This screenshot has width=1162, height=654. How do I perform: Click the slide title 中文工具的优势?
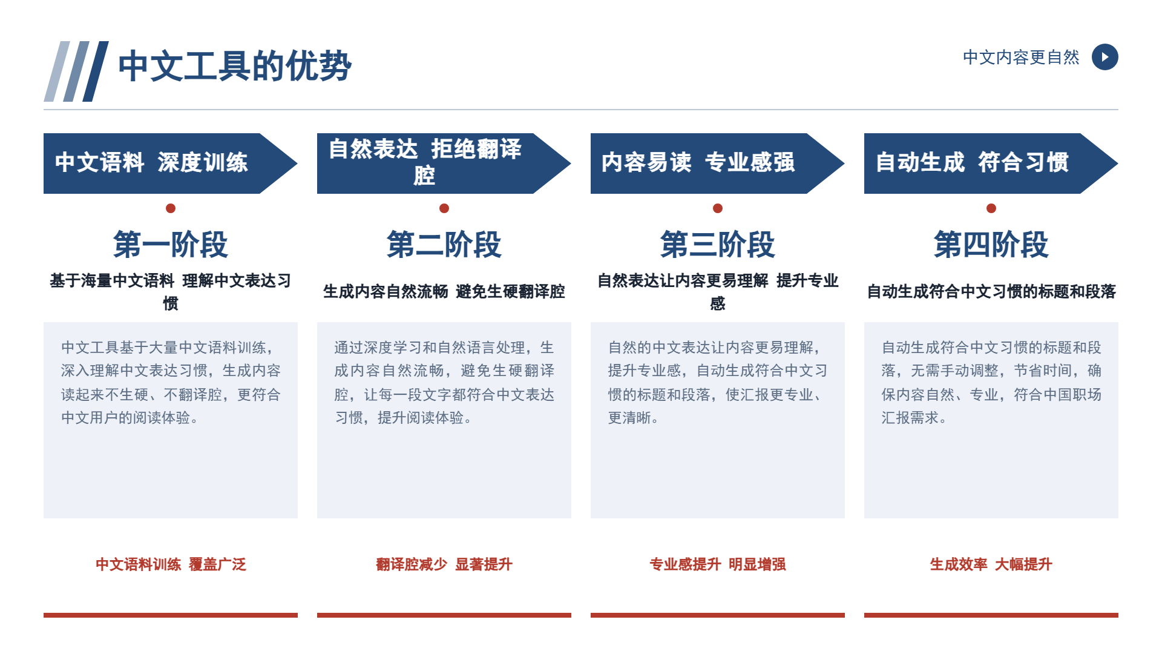click(235, 66)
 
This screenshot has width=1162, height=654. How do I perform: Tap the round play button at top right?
click(1105, 57)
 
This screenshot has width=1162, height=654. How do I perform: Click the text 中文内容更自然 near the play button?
click(1021, 58)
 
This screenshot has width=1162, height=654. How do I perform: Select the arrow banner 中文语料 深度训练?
click(170, 163)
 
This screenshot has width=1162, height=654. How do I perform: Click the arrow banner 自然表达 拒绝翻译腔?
click(444, 163)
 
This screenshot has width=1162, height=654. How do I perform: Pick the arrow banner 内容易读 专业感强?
click(717, 163)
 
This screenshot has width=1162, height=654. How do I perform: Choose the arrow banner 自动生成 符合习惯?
click(991, 163)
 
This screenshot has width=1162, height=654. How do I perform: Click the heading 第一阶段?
click(171, 245)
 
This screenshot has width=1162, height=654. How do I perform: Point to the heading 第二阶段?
click(444, 245)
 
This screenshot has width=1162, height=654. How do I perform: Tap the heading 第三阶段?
click(718, 245)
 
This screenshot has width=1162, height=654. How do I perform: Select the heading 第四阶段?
click(991, 245)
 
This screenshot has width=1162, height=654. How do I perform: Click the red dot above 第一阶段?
click(171, 208)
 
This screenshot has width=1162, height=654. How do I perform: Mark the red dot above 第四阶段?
click(991, 208)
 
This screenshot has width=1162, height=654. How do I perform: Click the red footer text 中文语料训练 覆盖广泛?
click(171, 564)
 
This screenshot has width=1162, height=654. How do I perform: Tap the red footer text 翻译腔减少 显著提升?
click(444, 564)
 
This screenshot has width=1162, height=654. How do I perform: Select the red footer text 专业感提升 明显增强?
click(718, 564)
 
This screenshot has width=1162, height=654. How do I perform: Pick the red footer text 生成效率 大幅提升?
click(991, 564)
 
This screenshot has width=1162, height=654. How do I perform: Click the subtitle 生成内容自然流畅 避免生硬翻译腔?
click(444, 291)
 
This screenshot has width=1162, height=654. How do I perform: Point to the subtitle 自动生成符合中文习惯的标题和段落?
click(991, 291)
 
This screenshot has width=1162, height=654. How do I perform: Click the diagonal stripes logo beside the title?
click(76, 71)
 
